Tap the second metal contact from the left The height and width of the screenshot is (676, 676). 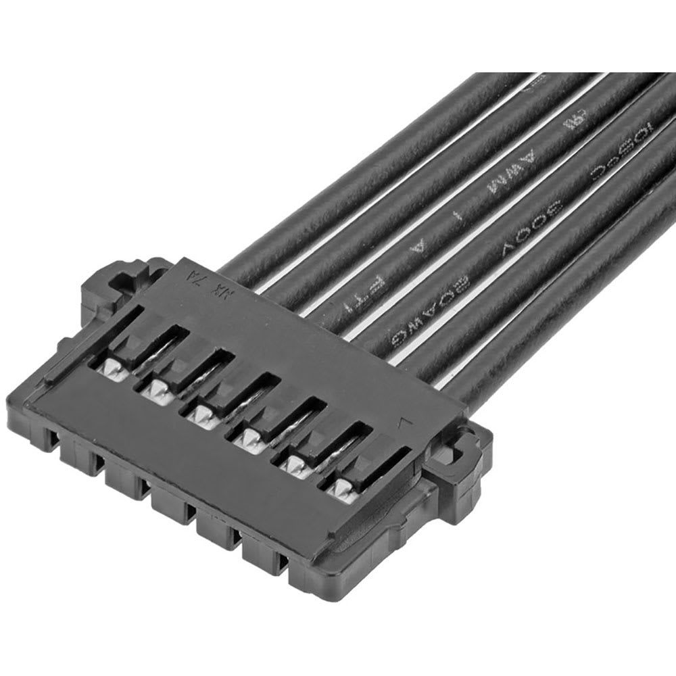(x=157, y=388)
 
